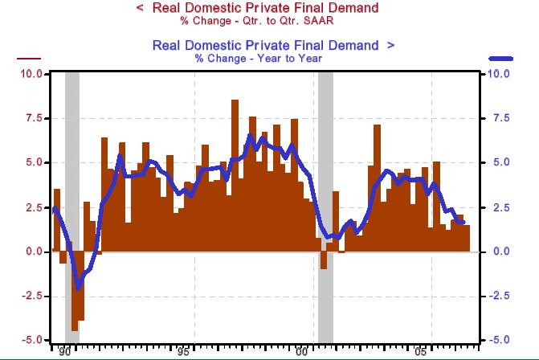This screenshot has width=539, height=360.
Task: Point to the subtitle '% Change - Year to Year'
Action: click(257, 58)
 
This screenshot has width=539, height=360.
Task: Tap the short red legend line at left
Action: click(28, 59)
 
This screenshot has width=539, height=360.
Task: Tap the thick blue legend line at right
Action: click(500, 59)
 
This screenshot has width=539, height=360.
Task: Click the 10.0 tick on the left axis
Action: click(31, 74)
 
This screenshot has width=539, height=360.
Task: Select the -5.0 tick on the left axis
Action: click(32, 340)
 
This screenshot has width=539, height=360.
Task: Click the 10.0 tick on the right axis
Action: click(500, 74)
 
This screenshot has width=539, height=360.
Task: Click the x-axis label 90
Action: click(65, 352)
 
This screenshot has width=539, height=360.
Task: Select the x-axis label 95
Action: click(184, 352)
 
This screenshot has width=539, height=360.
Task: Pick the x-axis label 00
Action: click(303, 352)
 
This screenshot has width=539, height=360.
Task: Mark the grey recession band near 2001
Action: click(325, 201)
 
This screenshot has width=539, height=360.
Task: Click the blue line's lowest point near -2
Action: click(78, 288)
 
